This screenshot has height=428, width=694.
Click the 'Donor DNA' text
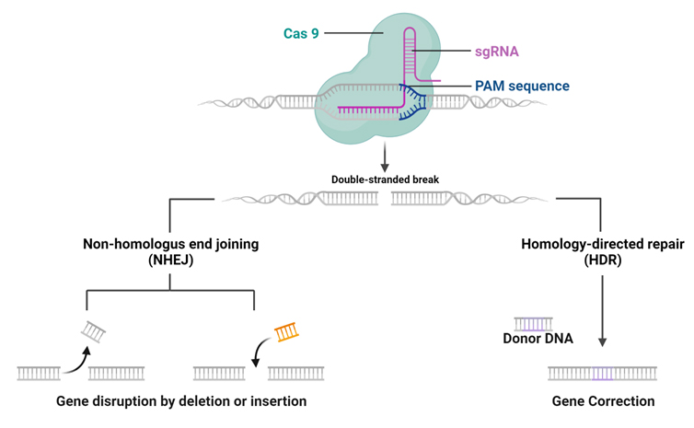click(x=538, y=339)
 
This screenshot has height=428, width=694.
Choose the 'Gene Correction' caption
click(x=603, y=401)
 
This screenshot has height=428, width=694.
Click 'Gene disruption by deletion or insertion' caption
click(x=181, y=401)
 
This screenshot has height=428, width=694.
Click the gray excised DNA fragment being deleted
click(x=95, y=330)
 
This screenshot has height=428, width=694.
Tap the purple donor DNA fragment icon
click(x=534, y=323)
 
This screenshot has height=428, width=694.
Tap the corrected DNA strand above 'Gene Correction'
click(x=602, y=374)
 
